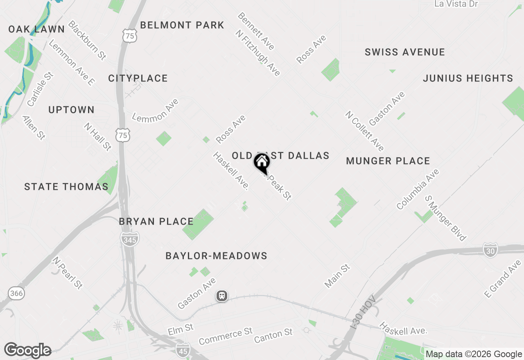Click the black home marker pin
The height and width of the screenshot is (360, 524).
click(x=262, y=163)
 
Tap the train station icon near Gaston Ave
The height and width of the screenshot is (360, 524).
click(x=222, y=295)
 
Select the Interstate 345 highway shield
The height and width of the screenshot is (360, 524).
click(x=129, y=238)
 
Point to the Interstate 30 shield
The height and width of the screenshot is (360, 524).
click(x=490, y=250)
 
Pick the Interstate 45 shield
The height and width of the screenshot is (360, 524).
click(x=183, y=350)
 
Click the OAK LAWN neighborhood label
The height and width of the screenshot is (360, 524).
click(x=36, y=29)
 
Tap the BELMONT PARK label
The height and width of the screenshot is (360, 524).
click(x=182, y=25)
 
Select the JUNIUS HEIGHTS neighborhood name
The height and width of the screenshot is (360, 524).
click(x=468, y=78)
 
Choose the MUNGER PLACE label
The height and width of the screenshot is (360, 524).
click(x=388, y=161)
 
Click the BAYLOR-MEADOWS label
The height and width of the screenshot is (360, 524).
click(x=216, y=256)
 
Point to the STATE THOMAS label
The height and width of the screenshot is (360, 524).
click(x=66, y=187)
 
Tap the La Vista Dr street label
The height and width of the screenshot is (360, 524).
click(x=456, y=4)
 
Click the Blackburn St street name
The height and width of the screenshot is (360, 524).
click(x=87, y=40)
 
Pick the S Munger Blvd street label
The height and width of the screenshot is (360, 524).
click(x=445, y=218)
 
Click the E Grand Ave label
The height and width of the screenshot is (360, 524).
click(x=503, y=279)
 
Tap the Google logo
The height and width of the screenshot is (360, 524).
click(x=27, y=351)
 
